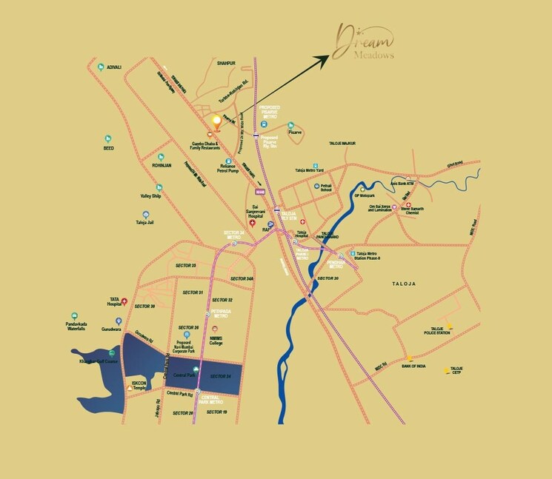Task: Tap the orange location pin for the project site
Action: tap(216, 121)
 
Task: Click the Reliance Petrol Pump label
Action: tap(228, 168)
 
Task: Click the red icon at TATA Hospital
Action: tap(124, 301)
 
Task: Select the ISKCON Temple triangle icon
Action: tap(131, 388)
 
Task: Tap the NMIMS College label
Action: tap(215, 340)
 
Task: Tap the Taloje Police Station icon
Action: tap(449, 325)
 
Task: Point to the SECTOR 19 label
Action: tap(216, 412)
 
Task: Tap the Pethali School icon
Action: tap(316, 187)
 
